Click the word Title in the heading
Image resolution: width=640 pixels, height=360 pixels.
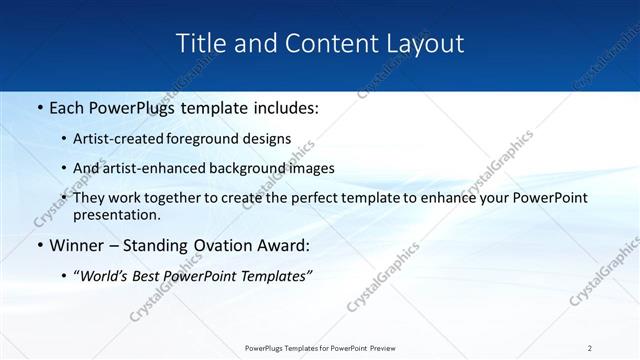198,44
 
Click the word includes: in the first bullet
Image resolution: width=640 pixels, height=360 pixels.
282,107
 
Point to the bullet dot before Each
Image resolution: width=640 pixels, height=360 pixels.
39,107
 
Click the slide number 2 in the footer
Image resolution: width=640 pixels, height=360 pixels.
590,348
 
